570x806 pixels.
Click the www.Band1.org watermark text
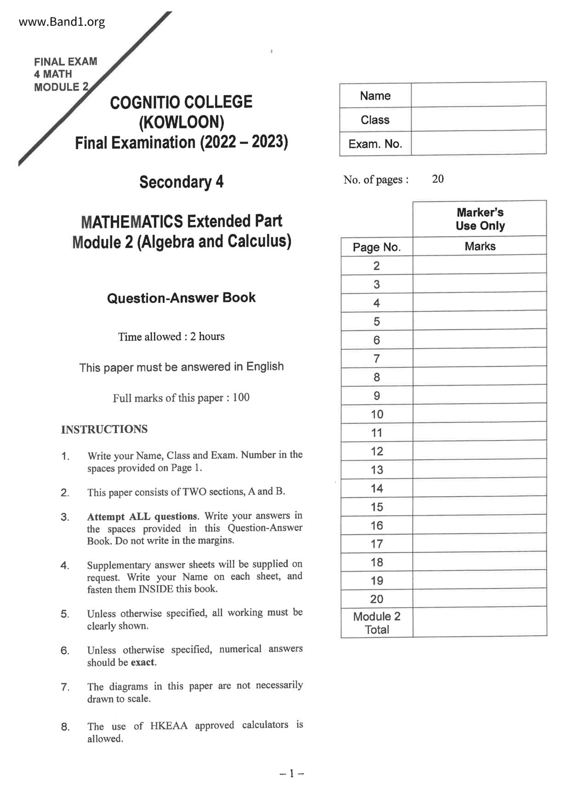pyautogui.click(x=62, y=22)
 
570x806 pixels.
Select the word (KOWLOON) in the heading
pyautogui.click(x=182, y=122)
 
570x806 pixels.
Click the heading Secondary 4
pyautogui.click(x=181, y=182)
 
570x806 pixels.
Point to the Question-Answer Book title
pyautogui.click(x=181, y=298)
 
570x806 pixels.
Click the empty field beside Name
pyautogui.click(x=478, y=95)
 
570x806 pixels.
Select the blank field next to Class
pyautogui.click(x=478, y=119)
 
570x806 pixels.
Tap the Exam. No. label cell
pyautogui.click(x=375, y=144)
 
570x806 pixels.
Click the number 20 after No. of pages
pyautogui.click(x=438, y=179)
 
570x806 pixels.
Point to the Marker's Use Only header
pyautogui.click(x=480, y=219)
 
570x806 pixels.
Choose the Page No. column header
pyautogui.click(x=376, y=247)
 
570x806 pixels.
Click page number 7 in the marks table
pyautogui.click(x=376, y=358)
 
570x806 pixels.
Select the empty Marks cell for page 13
pyautogui.click(x=480, y=469)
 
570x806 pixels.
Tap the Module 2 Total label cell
pyautogui.click(x=376, y=623)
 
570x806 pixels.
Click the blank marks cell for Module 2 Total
pyautogui.click(x=480, y=622)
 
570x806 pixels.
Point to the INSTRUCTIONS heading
pyautogui.click(x=104, y=429)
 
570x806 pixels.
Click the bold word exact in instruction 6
pyautogui.click(x=143, y=662)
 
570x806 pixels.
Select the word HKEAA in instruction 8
pyautogui.click(x=169, y=726)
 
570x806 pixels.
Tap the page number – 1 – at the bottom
pyautogui.click(x=291, y=773)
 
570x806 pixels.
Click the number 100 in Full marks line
pyautogui.click(x=241, y=397)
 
